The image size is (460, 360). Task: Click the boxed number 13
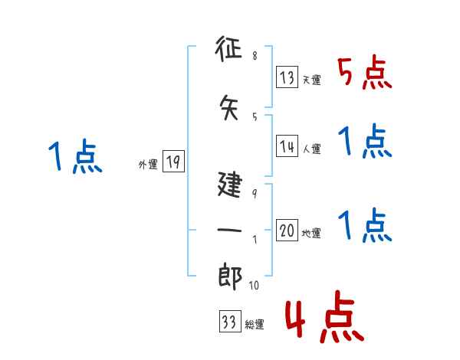[x=287, y=77]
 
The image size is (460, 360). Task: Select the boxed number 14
[x=287, y=146]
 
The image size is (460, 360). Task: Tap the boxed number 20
[x=287, y=231]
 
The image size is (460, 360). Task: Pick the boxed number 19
[x=172, y=162]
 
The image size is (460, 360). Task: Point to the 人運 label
[x=311, y=149]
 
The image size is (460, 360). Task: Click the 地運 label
[x=311, y=234]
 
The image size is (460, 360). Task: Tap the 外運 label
[x=147, y=164]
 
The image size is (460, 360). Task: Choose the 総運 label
[x=254, y=325]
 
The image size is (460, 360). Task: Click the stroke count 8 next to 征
[x=255, y=56]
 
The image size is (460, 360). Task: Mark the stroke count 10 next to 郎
[x=256, y=286]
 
